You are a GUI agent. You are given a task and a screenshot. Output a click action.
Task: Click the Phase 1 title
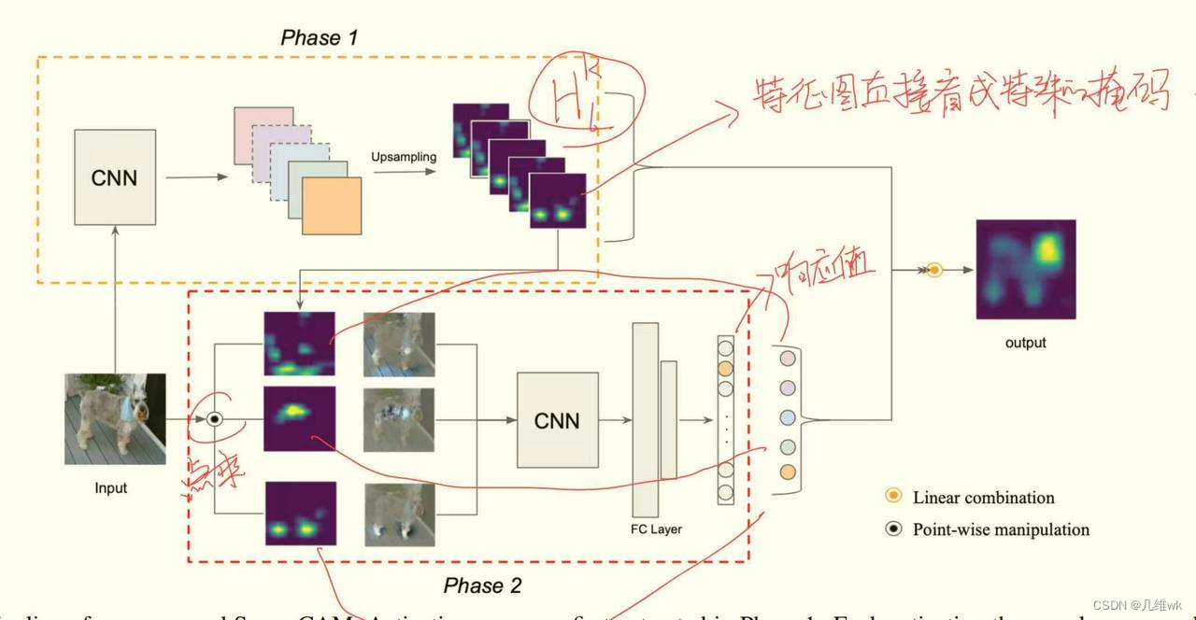[319, 38]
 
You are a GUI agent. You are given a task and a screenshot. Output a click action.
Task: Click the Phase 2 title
[482, 586]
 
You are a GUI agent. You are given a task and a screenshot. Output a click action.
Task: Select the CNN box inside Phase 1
[114, 177]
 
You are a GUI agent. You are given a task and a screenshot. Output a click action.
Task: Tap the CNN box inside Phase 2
[557, 420]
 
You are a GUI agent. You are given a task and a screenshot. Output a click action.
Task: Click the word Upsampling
[404, 157]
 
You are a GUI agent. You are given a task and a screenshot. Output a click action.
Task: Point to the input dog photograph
[115, 418]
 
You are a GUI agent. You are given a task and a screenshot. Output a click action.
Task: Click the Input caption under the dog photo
[111, 488]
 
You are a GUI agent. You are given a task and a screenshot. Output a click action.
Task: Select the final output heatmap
[1025, 270]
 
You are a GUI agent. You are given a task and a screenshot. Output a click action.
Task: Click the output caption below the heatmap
[1025, 343]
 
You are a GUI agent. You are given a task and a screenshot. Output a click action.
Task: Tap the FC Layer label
[655, 529]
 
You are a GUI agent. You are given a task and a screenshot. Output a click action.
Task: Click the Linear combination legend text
[983, 498]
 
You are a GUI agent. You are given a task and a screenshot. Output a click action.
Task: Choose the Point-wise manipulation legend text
[1001, 529]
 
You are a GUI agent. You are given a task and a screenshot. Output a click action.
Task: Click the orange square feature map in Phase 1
[332, 205]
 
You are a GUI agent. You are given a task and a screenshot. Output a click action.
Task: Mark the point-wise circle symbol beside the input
[214, 419]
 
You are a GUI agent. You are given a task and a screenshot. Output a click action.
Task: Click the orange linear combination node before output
[934, 270]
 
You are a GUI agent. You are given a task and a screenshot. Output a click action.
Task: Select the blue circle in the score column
[788, 416]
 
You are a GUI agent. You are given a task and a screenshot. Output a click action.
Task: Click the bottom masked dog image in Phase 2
[399, 513]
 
